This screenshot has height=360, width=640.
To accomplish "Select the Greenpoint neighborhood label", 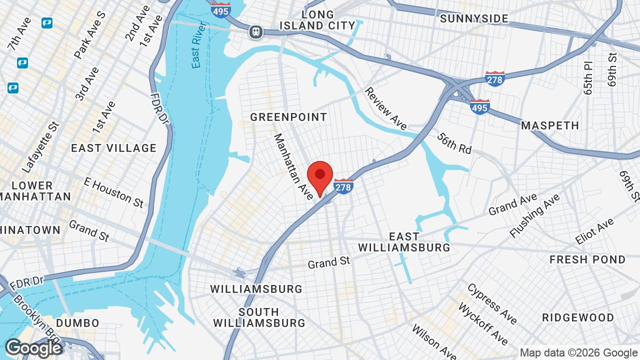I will [x=288, y=117].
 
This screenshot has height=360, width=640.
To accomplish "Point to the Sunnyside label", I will [x=474, y=18].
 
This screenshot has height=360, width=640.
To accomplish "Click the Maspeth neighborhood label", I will [x=550, y=125].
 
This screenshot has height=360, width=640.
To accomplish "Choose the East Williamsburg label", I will [x=404, y=242].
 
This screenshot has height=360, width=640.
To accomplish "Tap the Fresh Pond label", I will [x=587, y=259].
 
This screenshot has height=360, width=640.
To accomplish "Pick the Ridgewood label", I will [x=578, y=317].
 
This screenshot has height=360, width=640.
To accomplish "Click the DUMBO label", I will [x=77, y=323].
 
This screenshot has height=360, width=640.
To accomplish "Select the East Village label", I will [x=113, y=148].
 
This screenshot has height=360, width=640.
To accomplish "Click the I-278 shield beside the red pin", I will [x=343, y=186].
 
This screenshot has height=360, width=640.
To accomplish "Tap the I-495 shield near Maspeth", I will [x=479, y=106].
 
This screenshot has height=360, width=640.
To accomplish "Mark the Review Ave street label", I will [x=385, y=108].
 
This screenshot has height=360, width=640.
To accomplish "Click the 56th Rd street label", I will [x=454, y=143].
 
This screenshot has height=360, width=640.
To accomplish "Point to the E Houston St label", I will [x=113, y=191].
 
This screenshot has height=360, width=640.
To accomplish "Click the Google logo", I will [x=33, y=348].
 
